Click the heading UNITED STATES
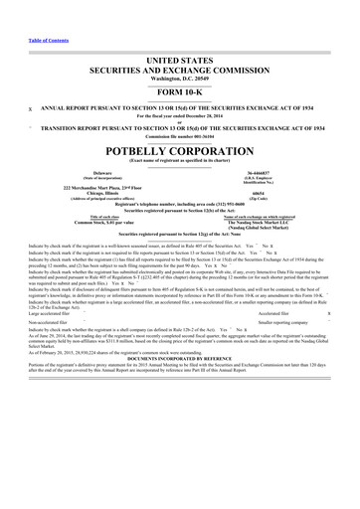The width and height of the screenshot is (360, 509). [179, 61]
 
